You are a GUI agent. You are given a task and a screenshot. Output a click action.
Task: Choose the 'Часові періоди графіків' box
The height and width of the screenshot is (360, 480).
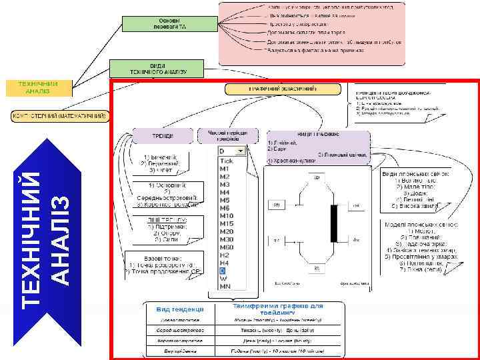(x=227, y=135)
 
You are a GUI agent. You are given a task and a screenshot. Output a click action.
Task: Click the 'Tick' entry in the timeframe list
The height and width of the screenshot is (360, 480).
(x=227, y=161)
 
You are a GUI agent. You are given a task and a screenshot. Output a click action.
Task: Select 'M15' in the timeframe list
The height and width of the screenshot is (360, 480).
(x=227, y=223)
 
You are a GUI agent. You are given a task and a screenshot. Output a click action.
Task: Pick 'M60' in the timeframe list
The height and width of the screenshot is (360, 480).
(x=227, y=247)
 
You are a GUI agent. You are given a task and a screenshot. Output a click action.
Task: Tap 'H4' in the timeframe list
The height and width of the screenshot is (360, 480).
(x=225, y=263)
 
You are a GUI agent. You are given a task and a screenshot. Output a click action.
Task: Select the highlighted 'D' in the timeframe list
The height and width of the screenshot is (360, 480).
(x=224, y=271)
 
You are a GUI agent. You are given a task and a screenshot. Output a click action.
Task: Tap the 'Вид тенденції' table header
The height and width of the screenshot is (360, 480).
(x=175, y=309)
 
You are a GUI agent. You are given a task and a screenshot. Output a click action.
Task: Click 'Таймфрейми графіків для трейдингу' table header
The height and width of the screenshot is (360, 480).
(x=278, y=309)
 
